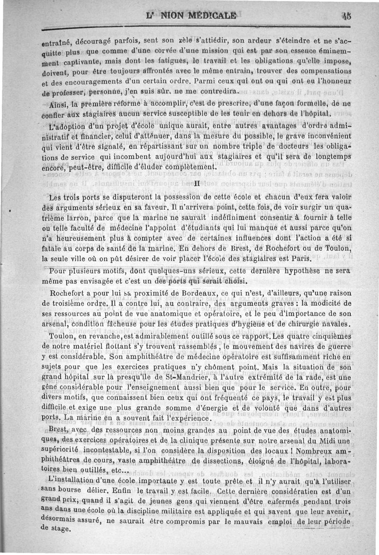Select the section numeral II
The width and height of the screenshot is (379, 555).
click(197, 183)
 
